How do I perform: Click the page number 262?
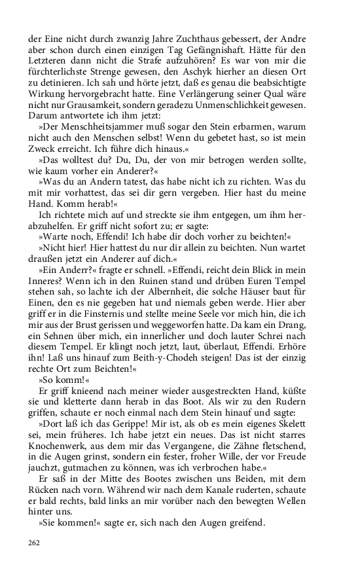click(x=34, y=542)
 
